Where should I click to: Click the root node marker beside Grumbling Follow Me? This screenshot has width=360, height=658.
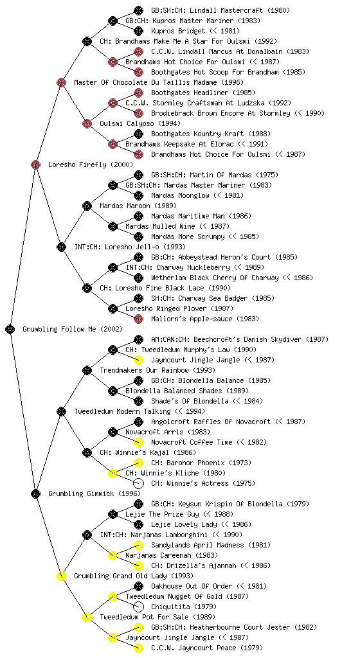pos(10,329)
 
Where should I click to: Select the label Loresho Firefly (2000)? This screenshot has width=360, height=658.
pos(91,164)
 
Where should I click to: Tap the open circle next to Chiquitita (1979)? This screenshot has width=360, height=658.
pos(138,607)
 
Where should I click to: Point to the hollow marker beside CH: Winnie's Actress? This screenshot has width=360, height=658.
pos(138,483)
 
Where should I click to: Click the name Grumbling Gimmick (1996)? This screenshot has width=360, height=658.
pos(94,493)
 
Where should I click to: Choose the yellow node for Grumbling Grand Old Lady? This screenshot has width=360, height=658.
pos(61,576)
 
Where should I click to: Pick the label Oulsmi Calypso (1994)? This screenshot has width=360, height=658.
pos(140,123)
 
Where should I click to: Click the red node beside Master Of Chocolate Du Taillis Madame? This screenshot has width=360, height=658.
pos(61,82)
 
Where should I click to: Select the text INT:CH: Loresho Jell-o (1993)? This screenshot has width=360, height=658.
pos(130,247)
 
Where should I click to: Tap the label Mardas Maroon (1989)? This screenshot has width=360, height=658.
pos(138,206)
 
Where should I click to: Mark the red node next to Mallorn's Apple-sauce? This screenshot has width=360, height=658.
pos(138,319)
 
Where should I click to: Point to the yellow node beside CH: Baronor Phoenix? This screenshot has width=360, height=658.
pos(138,463)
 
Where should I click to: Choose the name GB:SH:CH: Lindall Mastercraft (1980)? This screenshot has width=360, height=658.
pos(221,10)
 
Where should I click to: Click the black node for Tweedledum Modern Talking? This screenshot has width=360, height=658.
pos(61,411)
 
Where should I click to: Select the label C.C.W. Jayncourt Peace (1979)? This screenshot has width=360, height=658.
pos(207,648)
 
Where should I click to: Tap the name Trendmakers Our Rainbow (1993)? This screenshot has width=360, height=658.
pos(157,370)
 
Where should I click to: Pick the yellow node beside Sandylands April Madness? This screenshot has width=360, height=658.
pos(138,545)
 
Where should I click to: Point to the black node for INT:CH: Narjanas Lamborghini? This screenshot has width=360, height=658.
pos(87,535)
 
